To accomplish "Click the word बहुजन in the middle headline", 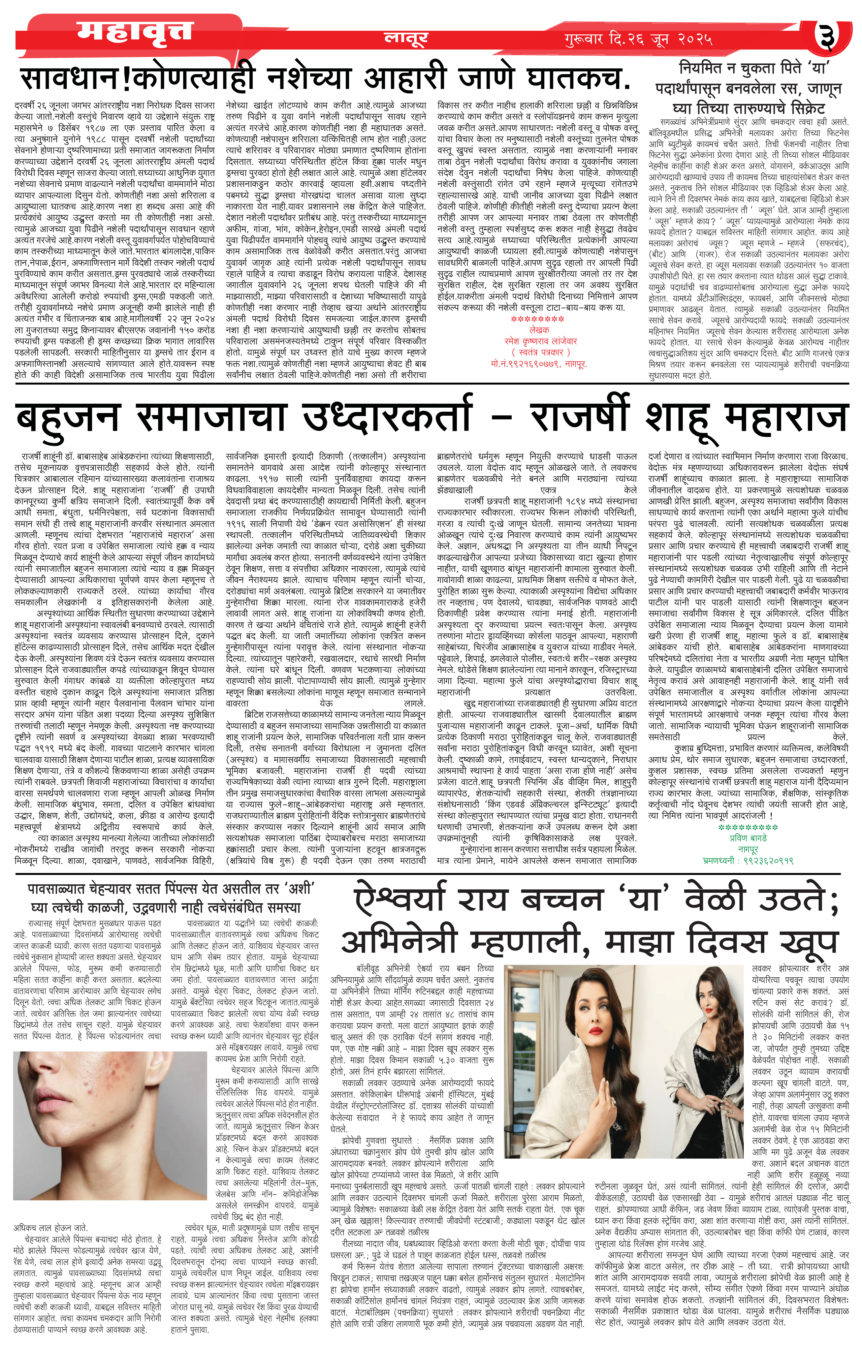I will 67,418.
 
